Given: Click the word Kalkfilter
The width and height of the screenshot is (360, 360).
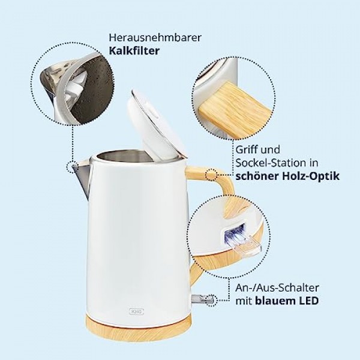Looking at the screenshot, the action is coord(134,51).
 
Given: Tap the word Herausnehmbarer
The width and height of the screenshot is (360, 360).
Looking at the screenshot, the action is coord(155,38).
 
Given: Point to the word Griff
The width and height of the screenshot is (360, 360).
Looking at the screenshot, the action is coord(247,150).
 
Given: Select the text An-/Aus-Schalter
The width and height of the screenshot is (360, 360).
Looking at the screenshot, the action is coord(277,287).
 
